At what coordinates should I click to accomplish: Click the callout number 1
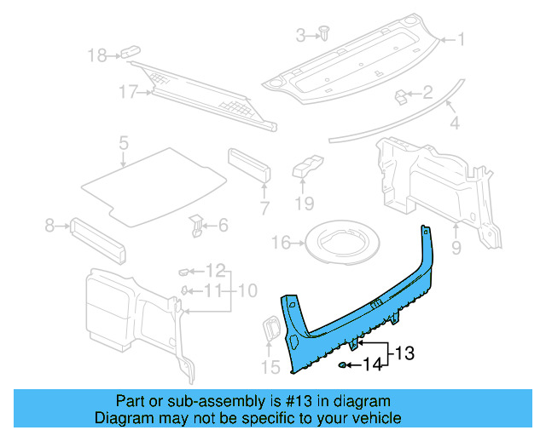(461, 39)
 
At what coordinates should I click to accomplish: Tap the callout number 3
(300, 35)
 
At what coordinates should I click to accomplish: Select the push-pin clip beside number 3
(325, 33)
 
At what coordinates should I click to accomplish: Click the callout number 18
(98, 56)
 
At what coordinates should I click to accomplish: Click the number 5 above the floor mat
(124, 142)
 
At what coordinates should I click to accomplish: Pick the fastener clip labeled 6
(195, 226)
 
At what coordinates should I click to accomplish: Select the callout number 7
(264, 208)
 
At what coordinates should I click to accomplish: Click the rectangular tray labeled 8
(97, 241)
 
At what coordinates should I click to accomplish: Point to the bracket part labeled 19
(307, 167)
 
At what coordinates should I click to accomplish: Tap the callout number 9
(456, 249)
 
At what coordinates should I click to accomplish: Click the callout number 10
(247, 291)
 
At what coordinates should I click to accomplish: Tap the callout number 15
(270, 368)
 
